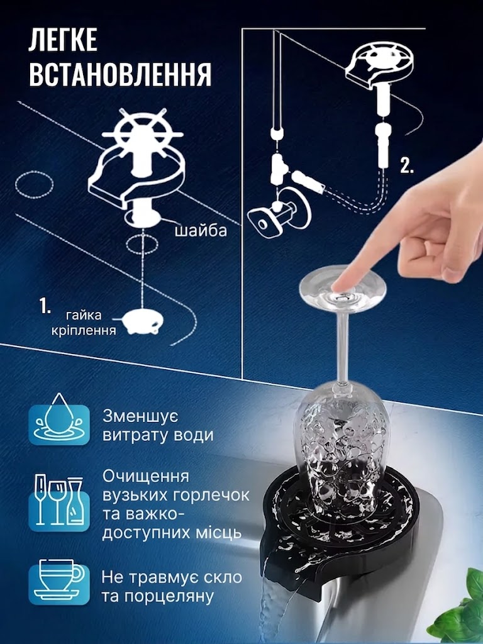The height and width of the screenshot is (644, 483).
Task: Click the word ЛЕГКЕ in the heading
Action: click(x=62, y=40)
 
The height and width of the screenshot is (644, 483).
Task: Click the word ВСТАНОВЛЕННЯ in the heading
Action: click(x=120, y=74)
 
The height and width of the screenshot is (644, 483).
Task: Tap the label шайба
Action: click(x=201, y=230)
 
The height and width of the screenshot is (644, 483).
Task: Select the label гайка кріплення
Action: click(x=84, y=323)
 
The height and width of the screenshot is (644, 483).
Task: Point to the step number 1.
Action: click(x=45, y=306)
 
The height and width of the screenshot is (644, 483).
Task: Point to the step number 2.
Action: click(x=407, y=165)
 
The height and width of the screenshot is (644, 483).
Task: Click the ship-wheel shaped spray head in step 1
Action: click(x=142, y=132)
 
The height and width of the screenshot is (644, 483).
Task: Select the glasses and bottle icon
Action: click(x=59, y=502)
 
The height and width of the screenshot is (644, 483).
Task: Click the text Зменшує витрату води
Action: click(x=158, y=426)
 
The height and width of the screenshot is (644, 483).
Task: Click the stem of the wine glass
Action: click(x=343, y=345)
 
